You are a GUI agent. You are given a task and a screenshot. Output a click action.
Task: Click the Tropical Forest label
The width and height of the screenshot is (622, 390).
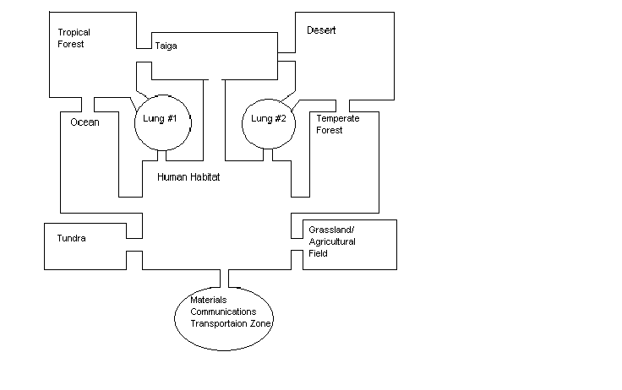click(74, 38)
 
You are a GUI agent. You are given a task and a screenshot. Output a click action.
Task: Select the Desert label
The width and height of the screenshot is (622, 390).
click(320, 31)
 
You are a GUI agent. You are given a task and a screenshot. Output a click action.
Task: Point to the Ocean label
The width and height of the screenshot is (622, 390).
click(85, 122)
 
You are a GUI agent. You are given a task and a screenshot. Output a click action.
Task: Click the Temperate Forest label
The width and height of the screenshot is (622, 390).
click(337, 124)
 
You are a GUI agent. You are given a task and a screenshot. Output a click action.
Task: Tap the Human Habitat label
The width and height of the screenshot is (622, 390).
click(188, 178)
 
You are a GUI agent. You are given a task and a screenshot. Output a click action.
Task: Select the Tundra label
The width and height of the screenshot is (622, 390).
click(71, 238)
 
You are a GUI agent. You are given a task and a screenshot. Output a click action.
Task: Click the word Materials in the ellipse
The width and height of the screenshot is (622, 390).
click(209, 301)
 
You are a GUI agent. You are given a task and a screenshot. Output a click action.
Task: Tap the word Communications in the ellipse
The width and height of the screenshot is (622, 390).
click(224, 311)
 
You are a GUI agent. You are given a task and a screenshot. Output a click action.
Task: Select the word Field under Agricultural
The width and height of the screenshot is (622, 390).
click(318, 253)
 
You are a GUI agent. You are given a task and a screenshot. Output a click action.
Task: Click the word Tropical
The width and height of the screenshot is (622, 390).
click(74, 32)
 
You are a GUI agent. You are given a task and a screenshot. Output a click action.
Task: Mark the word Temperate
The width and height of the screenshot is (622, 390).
click(337, 118)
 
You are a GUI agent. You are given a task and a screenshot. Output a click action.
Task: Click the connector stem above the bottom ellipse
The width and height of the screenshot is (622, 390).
click(225, 279)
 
